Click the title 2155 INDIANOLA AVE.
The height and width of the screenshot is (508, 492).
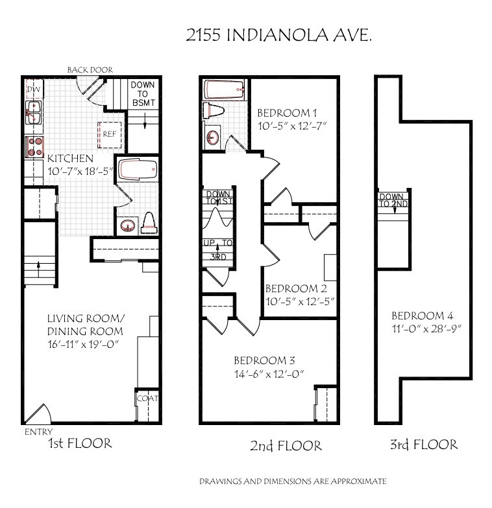(278, 35)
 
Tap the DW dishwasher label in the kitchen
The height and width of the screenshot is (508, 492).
(34, 89)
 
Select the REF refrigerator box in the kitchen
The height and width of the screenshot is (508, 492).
(110, 135)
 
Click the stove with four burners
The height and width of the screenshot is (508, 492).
(34, 146)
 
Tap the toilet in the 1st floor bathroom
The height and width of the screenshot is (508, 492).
(149, 223)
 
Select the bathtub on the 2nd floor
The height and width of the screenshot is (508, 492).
(224, 89)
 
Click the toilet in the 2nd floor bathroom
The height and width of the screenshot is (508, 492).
(214, 110)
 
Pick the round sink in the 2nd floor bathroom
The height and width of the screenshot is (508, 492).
(213, 137)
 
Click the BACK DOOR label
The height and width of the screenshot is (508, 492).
(90, 70)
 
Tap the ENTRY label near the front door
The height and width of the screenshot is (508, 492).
(39, 432)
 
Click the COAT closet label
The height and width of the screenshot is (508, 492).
(147, 398)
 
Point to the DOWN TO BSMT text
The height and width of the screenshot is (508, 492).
(143, 93)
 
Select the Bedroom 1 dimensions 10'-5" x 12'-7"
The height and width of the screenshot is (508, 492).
(292, 126)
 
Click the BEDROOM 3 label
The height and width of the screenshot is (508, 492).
(264, 360)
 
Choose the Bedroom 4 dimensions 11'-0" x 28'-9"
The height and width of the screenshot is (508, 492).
(426, 329)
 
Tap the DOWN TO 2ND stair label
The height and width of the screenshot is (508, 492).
(393, 200)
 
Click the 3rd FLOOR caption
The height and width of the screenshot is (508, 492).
(424, 444)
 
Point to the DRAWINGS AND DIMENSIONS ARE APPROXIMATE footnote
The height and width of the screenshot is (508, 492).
(293, 481)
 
